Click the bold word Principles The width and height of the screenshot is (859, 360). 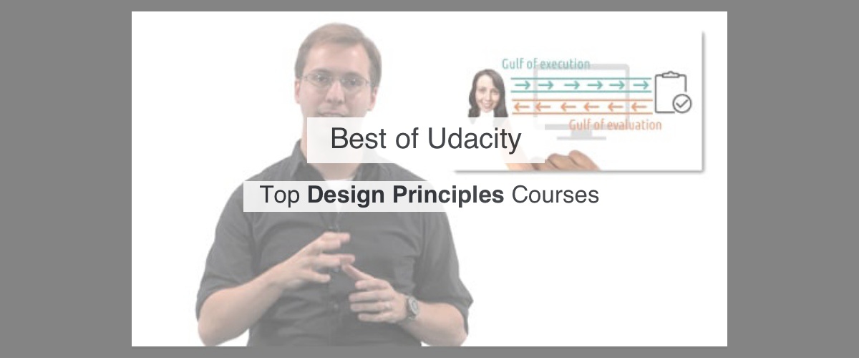[448, 195]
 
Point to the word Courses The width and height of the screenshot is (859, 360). [555, 195]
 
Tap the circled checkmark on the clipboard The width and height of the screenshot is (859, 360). [682, 104]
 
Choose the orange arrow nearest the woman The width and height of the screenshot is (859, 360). [522, 107]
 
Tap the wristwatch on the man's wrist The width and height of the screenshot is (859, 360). [412, 308]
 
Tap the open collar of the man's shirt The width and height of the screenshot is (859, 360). [344, 172]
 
